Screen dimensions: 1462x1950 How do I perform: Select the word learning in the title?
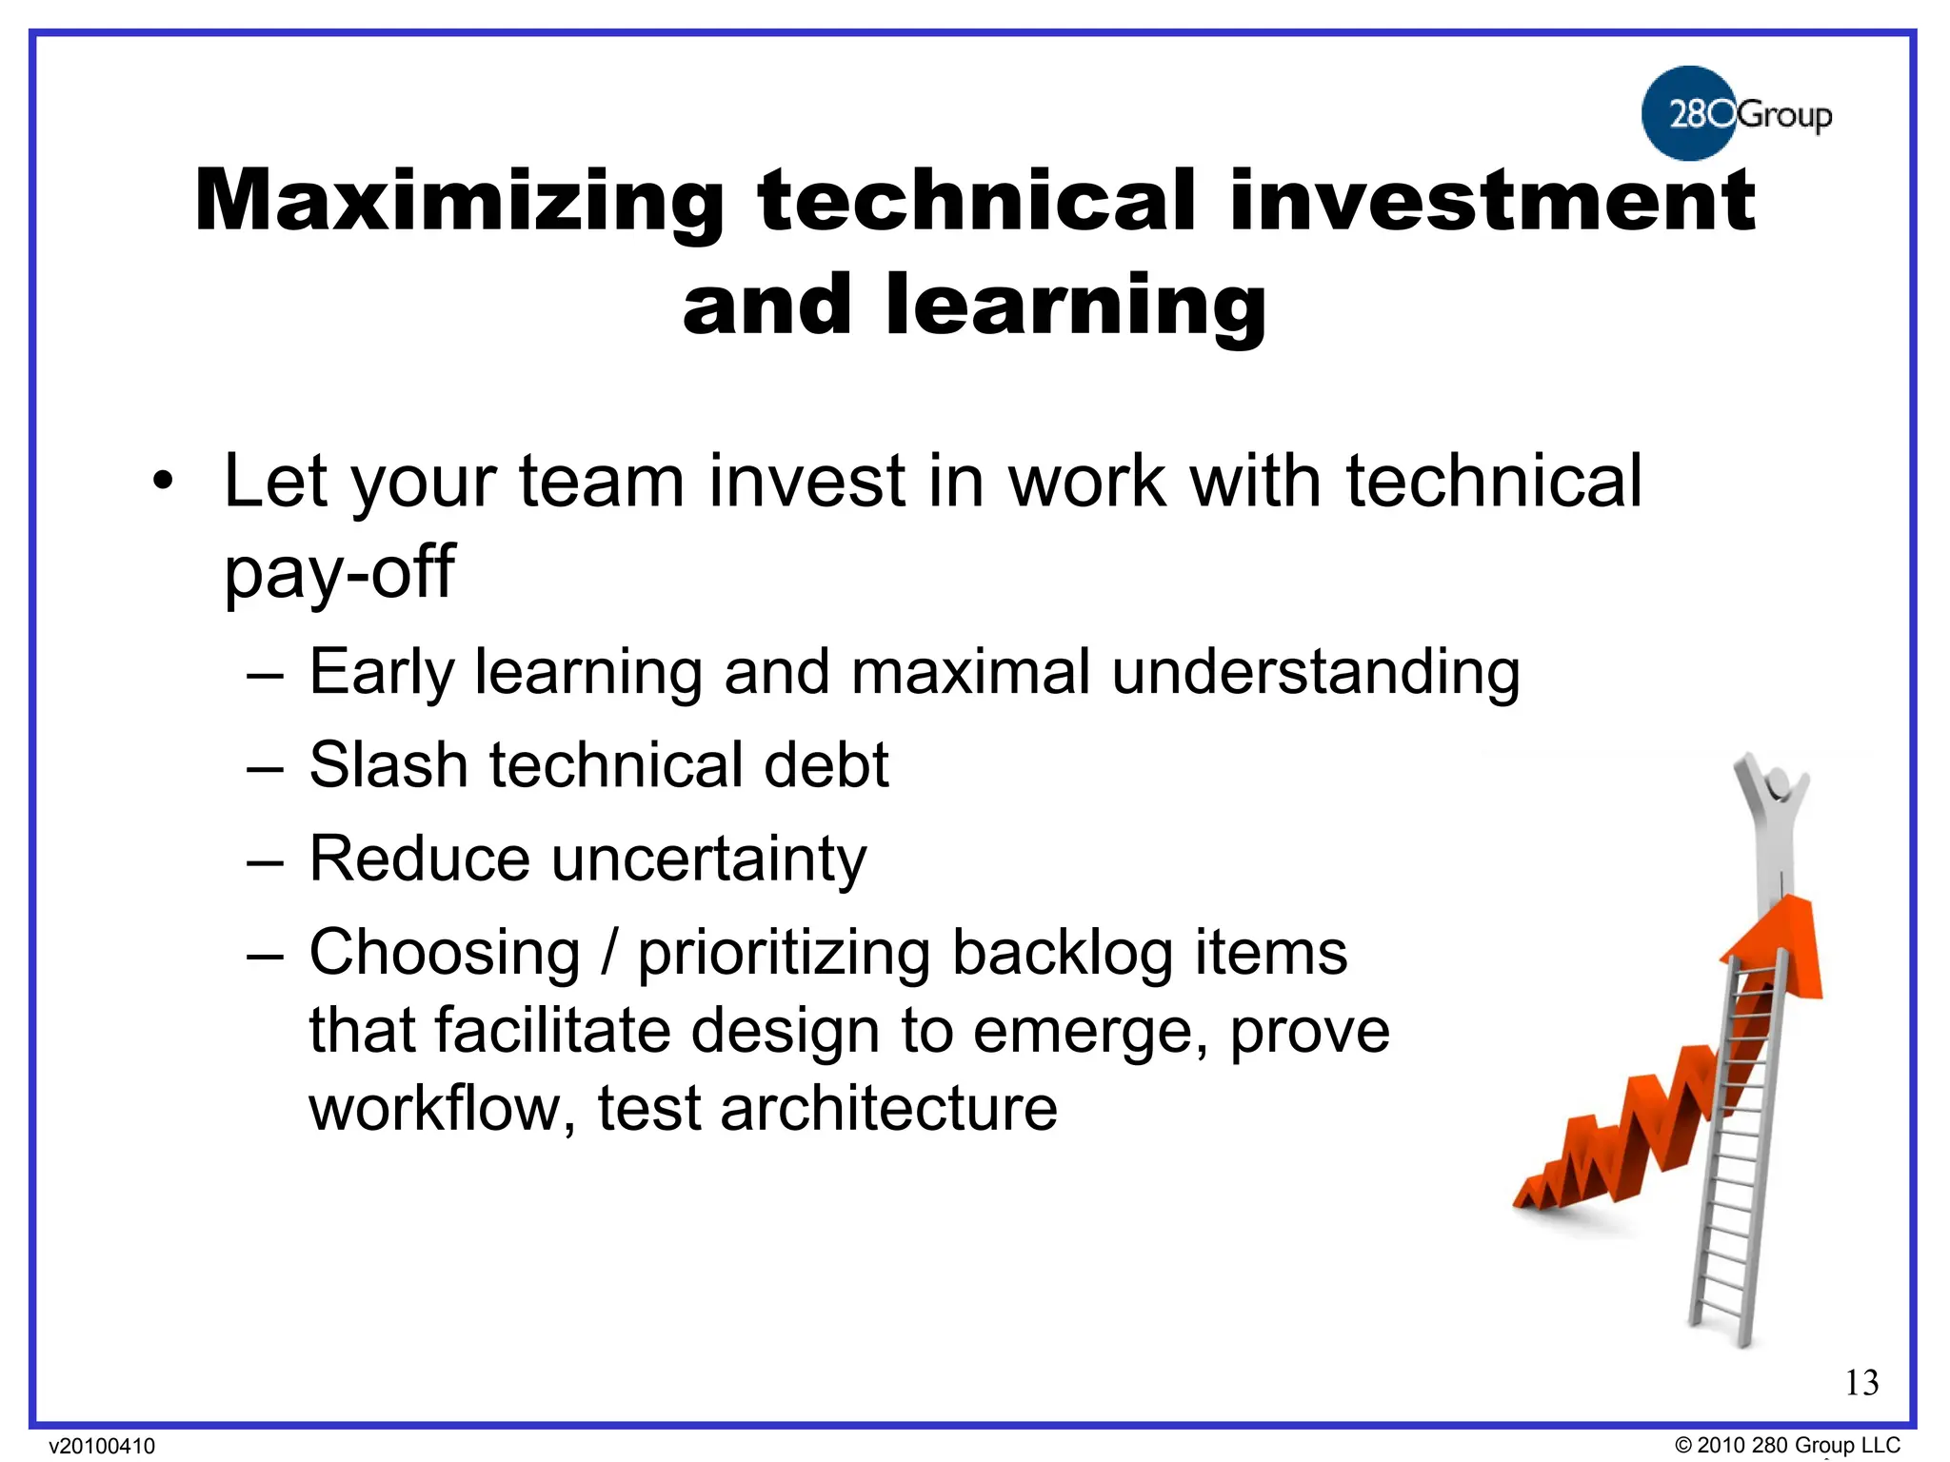tap(1076, 306)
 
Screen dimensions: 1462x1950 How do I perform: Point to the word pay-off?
tap(339, 573)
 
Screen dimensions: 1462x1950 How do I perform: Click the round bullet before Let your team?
tap(164, 482)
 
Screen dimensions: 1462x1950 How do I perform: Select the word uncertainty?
tap(709, 859)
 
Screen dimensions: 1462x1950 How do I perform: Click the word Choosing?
tap(445, 954)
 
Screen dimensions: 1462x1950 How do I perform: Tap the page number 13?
tap(1861, 1383)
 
